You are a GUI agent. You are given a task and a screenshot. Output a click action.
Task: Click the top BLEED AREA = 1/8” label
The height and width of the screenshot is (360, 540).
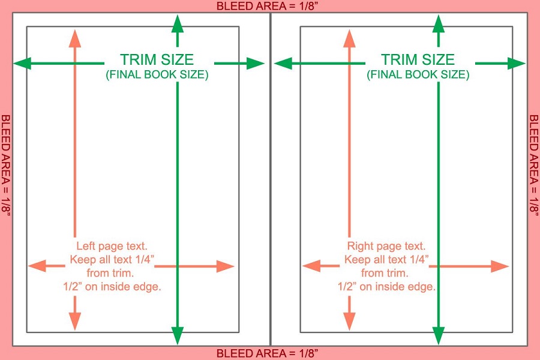click(x=267, y=6)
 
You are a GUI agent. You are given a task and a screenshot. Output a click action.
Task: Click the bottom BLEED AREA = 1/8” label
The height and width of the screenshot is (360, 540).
click(x=267, y=353)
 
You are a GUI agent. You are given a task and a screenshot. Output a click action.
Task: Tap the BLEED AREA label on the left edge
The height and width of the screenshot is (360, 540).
click(x=6, y=166)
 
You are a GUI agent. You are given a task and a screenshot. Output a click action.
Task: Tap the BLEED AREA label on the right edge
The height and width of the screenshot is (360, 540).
click(x=534, y=166)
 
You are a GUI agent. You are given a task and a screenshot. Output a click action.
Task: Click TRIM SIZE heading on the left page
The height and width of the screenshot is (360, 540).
click(x=157, y=59)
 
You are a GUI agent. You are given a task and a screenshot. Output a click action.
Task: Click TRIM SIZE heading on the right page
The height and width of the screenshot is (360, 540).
click(x=418, y=59)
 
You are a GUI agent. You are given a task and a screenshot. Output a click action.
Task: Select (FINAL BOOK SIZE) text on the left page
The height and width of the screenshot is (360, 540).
click(x=157, y=74)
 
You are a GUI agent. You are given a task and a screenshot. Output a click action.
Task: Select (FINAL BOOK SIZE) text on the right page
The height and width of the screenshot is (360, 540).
click(x=418, y=74)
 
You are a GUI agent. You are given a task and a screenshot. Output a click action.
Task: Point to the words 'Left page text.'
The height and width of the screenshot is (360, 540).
click(x=112, y=246)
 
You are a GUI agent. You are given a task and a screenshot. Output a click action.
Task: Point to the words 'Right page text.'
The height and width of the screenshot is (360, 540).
click(x=386, y=246)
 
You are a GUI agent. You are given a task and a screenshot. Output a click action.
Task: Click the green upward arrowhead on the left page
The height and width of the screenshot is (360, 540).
click(x=178, y=24)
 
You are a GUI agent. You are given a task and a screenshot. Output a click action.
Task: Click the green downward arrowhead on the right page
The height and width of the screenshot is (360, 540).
click(x=439, y=336)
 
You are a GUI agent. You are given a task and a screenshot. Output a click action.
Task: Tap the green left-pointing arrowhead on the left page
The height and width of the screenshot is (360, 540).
click(x=22, y=64)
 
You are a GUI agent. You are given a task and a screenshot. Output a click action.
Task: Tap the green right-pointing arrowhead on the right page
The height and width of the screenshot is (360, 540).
click(x=517, y=64)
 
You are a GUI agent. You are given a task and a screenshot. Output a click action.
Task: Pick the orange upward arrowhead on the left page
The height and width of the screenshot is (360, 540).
click(x=75, y=38)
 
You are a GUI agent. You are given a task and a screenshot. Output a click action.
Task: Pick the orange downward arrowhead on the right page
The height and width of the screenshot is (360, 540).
click(x=349, y=322)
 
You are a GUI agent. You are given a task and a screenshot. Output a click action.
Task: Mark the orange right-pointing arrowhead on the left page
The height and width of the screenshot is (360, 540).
click(x=226, y=266)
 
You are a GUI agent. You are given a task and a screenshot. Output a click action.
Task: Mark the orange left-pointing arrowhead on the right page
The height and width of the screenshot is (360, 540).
click(x=311, y=266)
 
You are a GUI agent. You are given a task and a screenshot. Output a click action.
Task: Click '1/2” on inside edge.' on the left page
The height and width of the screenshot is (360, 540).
click(x=112, y=287)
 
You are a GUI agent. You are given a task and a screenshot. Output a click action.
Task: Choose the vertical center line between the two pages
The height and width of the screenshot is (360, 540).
click(x=271, y=179)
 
